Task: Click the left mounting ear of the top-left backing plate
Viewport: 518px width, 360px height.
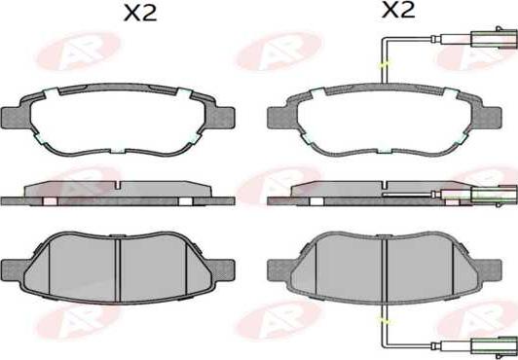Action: (17, 110)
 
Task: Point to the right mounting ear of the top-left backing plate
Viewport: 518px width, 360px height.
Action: (219, 110)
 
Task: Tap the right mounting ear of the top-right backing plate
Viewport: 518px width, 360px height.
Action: (484, 110)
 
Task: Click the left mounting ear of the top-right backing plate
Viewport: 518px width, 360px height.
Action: (281, 110)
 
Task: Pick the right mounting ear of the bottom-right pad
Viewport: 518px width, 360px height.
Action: (484, 263)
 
